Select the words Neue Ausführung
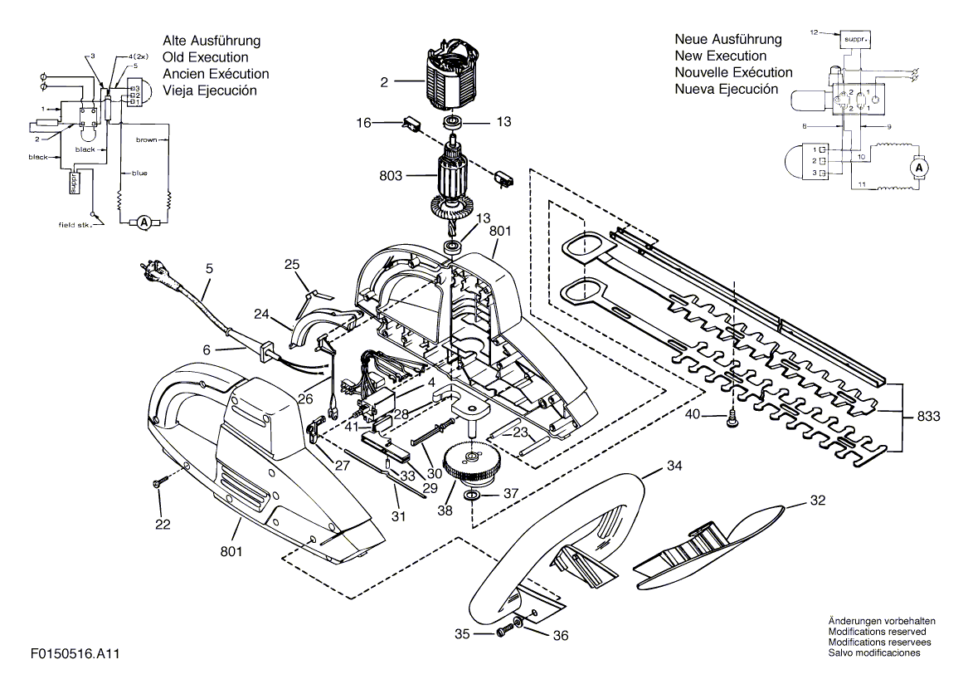pyautogui.click(x=727, y=40)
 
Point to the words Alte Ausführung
pyautogui.click(x=212, y=41)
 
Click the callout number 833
pyautogui.click(x=928, y=417)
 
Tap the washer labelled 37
pyautogui.click(x=472, y=496)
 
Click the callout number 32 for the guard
pyautogui.click(x=818, y=501)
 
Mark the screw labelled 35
pyautogui.click(x=503, y=634)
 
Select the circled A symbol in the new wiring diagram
pyautogui.click(x=917, y=167)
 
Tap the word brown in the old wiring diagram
pyautogui.click(x=146, y=140)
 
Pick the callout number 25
pyautogui.click(x=291, y=264)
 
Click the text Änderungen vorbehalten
pyautogui.click(x=882, y=621)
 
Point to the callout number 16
pyautogui.click(x=362, y=122)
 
